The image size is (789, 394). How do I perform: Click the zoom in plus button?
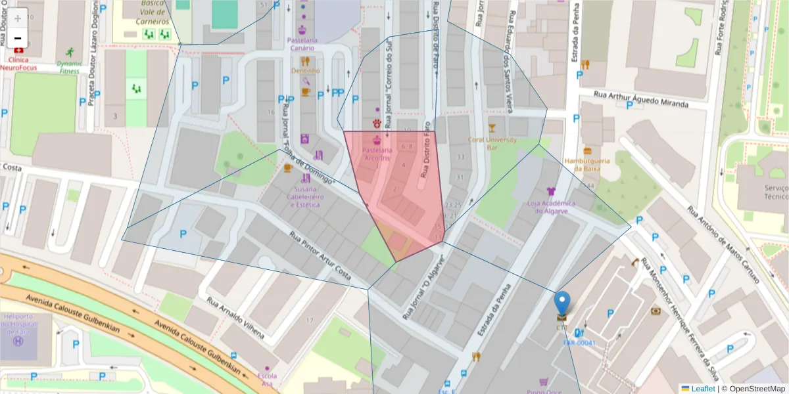coord(18,18)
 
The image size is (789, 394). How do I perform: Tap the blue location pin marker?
coord(562,304)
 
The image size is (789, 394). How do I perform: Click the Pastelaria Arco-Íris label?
coord(377,154)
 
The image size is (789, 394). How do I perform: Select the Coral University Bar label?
coord(492,143)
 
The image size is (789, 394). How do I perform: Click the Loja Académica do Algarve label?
coord(551,207)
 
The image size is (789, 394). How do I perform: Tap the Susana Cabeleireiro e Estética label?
coord(305,196)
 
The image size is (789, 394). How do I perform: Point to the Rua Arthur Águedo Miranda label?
coord(640,100)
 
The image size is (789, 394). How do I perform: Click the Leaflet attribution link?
coord(702,389)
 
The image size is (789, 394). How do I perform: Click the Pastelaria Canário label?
coord(302,40)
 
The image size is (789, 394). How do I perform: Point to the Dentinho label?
coord(305,70)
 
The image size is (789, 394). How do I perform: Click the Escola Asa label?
coord(268,380)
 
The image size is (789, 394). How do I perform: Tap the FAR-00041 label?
coord(579,343)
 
